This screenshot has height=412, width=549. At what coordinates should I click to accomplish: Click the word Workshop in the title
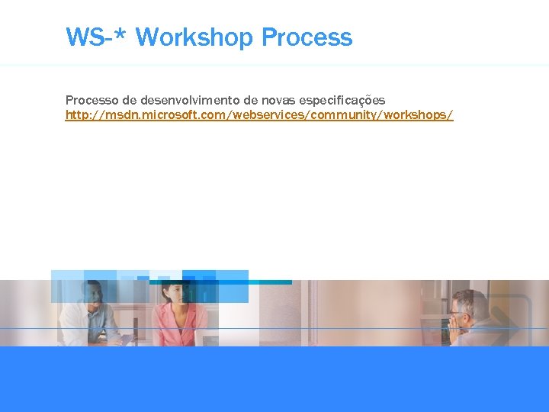pos(195,37)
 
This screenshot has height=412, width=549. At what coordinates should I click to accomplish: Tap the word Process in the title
pos(307,37)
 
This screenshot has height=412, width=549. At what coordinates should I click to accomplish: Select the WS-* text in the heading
pos(97,37)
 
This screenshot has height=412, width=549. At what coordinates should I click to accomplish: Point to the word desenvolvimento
pos(190,100)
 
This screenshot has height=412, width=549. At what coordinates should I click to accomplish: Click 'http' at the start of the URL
pos(76,115)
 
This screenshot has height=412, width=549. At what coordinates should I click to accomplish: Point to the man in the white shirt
pos(91,317)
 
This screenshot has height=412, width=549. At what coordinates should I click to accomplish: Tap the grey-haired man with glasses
pos(469,320)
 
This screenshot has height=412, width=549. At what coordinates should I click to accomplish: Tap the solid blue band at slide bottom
pos(274,379)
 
